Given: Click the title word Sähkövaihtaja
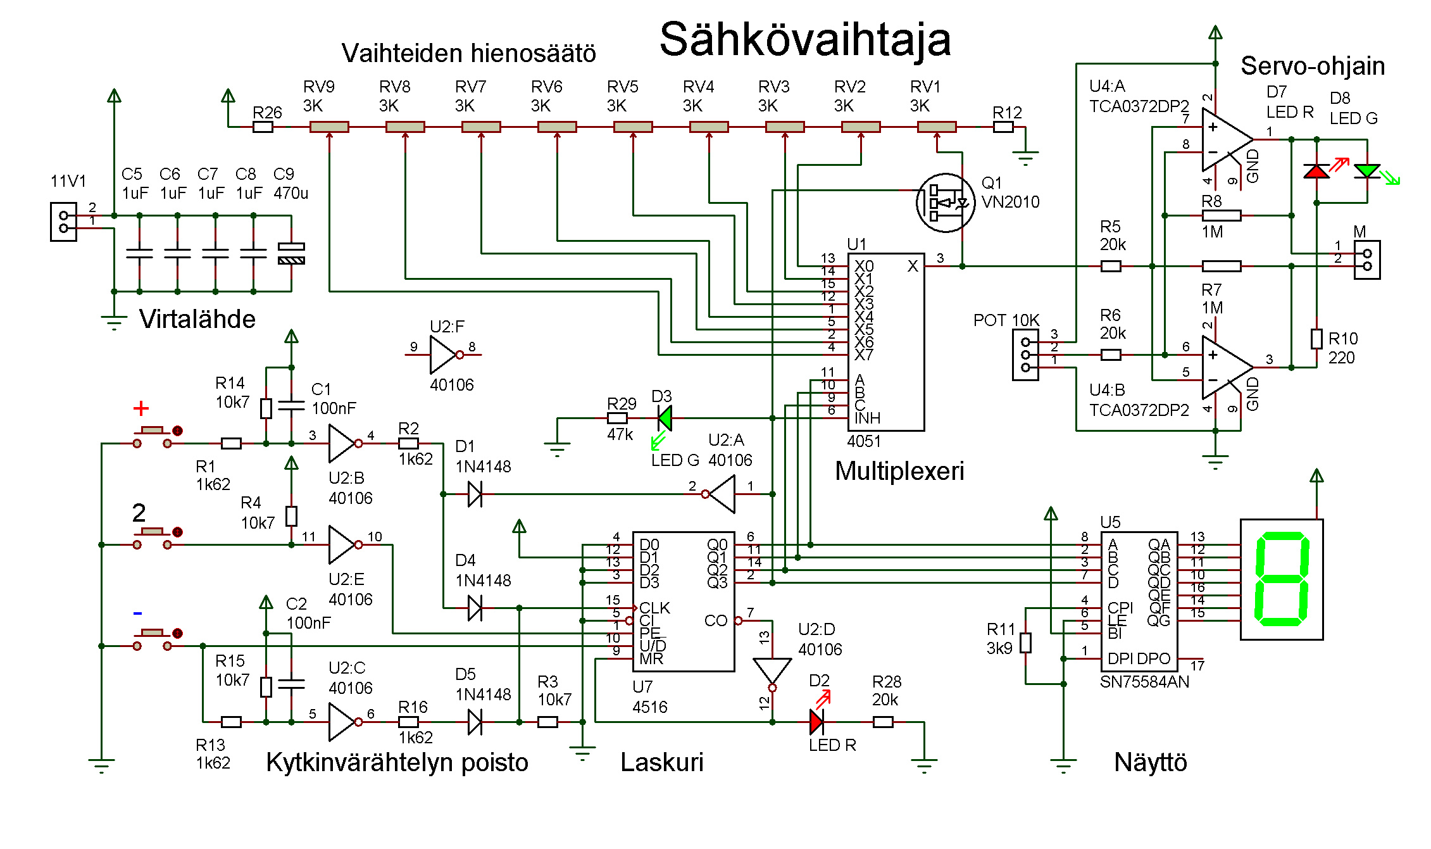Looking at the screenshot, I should click(x=804, y=39).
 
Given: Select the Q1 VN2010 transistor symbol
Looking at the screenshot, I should click(x=946, y=203).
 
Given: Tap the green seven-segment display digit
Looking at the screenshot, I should click(x=1281, y=579).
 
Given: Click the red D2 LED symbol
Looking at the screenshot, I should click(x=816, y=722).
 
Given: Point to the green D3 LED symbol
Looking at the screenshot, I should click(x=665, y=418).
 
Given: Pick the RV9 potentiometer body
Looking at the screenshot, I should click(x=329, y=127).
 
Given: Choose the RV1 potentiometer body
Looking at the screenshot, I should click(x=937, y=127).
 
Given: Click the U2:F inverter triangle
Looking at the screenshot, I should click(x=443, y=355).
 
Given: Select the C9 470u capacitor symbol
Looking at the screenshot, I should click(x=291, y=253).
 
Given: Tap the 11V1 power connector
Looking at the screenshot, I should click(x=63, y=222).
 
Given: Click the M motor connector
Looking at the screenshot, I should click(x=1367, y=260).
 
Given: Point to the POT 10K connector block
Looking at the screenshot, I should click(x=1025, y=355).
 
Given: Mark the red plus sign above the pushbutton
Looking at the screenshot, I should click(x=141, y=408).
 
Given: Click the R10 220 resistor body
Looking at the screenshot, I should click(x=1316, y=339).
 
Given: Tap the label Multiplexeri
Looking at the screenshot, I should click(x=899, y=471).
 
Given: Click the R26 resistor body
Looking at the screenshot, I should click(x=263, y=127).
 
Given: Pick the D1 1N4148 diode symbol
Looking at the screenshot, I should click(x=475, y=494).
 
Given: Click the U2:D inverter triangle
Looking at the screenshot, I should click(x=772, y=670).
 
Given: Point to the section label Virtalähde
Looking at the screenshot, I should click(x=197, y=319).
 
